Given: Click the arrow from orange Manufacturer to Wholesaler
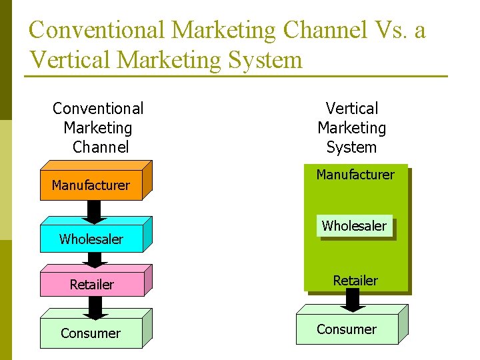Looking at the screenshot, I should click(95, 211).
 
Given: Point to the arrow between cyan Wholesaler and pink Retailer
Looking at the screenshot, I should click(95, 259).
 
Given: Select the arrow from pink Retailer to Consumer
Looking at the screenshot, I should click(95, 307).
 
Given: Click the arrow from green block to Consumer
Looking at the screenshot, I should click(354, 301).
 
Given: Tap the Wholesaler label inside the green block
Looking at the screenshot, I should click(354, 226).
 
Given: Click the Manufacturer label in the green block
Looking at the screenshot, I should click(355, 175).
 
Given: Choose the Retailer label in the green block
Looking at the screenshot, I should click(355, 281).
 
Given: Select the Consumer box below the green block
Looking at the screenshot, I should click(347, 329).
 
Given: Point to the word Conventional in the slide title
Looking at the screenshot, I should click(97, 31).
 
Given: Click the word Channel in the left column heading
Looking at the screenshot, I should click(101, 147).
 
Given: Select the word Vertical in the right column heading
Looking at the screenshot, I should click(352, 108).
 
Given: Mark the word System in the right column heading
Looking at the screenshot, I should click(352, 147).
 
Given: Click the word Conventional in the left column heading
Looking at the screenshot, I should click(98, 108).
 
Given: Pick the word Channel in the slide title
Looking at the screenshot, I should click(325, 31).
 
